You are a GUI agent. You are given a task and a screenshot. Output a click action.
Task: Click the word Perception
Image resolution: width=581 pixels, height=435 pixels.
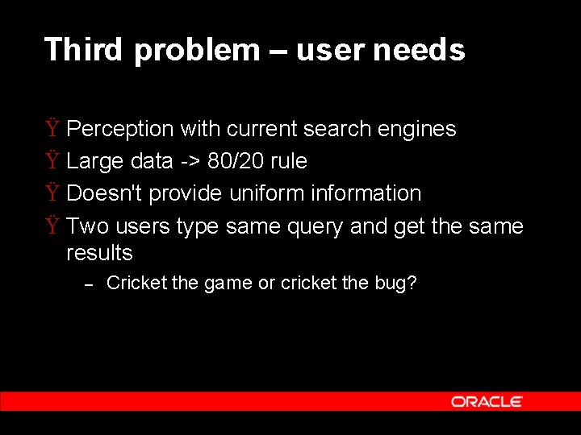click(120, 129)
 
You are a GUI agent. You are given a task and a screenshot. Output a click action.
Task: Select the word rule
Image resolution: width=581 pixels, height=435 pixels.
click(289, 161)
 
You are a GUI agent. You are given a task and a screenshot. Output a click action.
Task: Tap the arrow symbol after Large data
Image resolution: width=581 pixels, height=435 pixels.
click(190, 162)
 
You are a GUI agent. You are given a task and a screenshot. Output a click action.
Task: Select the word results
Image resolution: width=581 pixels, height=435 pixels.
click(99, 253)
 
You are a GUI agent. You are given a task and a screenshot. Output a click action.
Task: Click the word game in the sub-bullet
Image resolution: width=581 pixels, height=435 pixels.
click(228, 284)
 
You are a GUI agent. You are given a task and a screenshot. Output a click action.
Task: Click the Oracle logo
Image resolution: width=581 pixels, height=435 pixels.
click(487, 401)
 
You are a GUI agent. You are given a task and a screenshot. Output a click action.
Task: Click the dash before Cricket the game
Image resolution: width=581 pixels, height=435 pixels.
click(90, 284)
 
